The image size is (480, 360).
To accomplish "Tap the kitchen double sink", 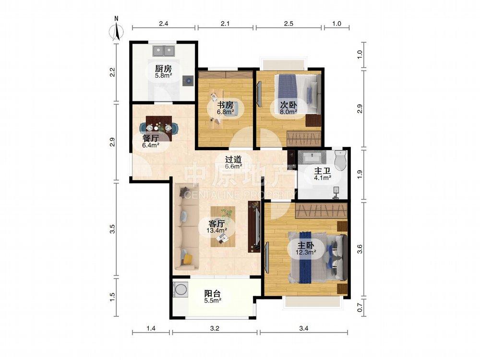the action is point(164,51).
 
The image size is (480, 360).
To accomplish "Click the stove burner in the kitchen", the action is point(188,81).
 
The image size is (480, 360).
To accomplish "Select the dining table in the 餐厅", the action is point(159,128).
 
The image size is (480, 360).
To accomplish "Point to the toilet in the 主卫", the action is point(340,159).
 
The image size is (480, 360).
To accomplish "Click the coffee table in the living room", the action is point(223,227).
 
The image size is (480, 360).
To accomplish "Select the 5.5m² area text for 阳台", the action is point(213,301).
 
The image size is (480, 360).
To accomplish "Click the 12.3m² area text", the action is point(306,252).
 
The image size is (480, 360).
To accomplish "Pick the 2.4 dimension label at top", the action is point(164,23).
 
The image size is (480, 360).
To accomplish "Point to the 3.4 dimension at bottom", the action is point(304,328).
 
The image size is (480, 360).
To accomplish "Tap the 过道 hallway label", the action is point(234,159).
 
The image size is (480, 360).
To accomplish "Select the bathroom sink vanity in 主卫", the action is point(312,157).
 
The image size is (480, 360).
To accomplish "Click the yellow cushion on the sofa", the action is point(187,259).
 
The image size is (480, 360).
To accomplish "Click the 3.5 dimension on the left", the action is point(112,229).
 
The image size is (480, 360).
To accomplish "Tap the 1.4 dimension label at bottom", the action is point(151,328).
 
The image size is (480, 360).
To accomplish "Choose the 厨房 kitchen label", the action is point(163,69).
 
